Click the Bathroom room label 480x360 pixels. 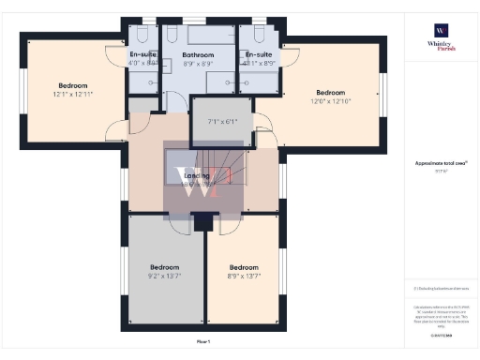pos(198,55)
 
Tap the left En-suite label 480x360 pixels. pos(142,55)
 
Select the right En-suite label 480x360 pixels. pos(259,55)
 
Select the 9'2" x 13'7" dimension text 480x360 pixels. pos(164,276)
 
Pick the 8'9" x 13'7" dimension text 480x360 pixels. pos(244,276)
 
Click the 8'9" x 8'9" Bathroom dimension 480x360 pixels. pos(198,65)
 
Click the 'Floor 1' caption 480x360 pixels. pos(203,341)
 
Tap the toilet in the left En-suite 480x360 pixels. pos(138,35)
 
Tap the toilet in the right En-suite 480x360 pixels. pos(260,35)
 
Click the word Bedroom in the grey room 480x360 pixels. pos(164,266)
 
